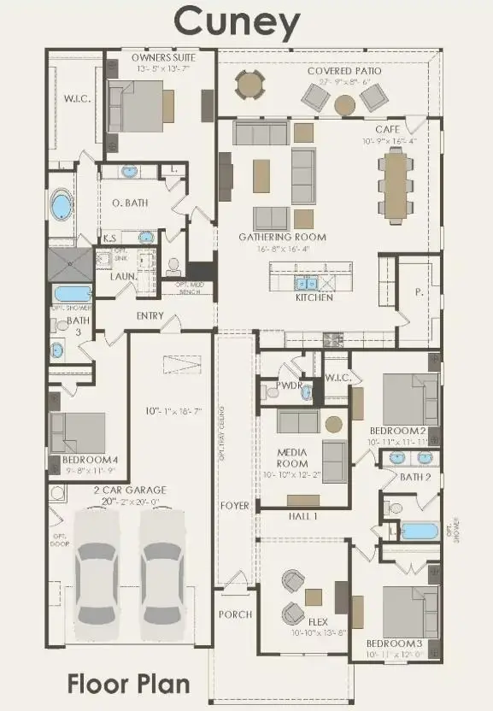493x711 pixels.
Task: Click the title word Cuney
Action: tap(238, 23)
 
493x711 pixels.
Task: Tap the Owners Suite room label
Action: tap(164, 57)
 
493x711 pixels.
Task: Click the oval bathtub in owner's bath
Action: tap(62, 206)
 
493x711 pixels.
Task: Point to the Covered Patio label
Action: tap(344, 70)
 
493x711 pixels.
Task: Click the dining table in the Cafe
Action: tap(396, 185)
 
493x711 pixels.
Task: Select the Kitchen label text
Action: tap(314, 298)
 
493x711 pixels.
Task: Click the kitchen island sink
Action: tap(306, 282)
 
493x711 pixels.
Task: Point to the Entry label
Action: tap(150, 316)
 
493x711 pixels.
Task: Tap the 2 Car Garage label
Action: tap(130, 490)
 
